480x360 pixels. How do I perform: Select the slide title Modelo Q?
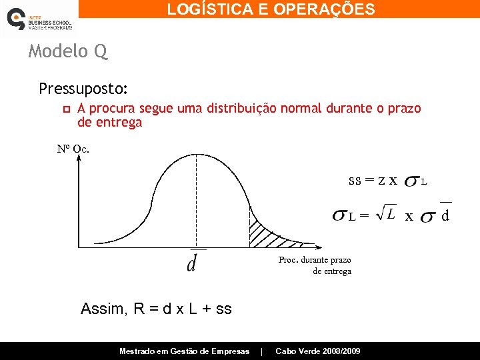[x=67, y=51]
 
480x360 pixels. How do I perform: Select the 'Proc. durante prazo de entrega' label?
[x=315, y=265]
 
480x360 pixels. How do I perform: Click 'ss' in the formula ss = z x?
[x=355, y=180]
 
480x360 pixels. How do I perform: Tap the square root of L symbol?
[x=385, y=213]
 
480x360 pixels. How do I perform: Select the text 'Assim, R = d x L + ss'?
[x=156, y=309]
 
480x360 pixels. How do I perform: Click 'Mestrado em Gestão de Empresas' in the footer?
[x=184, y=351]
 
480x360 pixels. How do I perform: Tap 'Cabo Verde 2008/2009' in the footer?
[x=318, y=351]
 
